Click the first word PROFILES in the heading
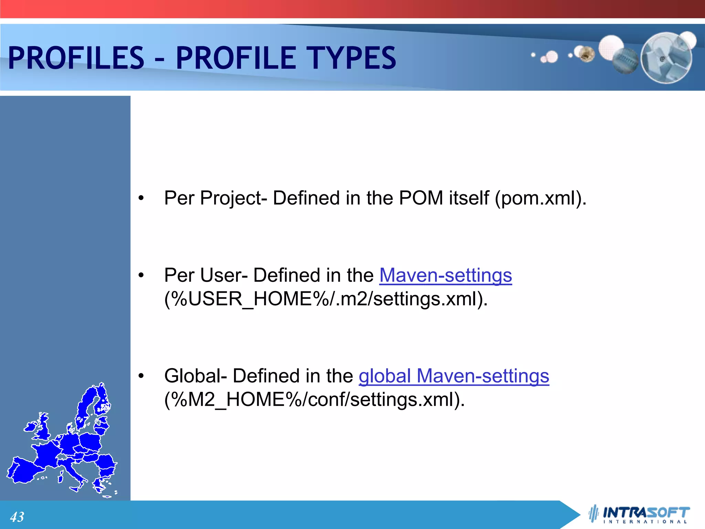click(76, 58)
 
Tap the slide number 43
click(17, 517)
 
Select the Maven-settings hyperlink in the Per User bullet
click(445, 276)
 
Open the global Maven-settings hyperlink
click(454, 376)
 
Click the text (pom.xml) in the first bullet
click(540, 198)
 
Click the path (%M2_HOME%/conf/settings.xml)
click(314, 400)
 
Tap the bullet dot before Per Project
click(141, 199)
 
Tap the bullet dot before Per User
click(141, 276)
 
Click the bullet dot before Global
click(141, 376)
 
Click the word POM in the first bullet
click(421, 198)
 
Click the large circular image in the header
click(666, 58)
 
